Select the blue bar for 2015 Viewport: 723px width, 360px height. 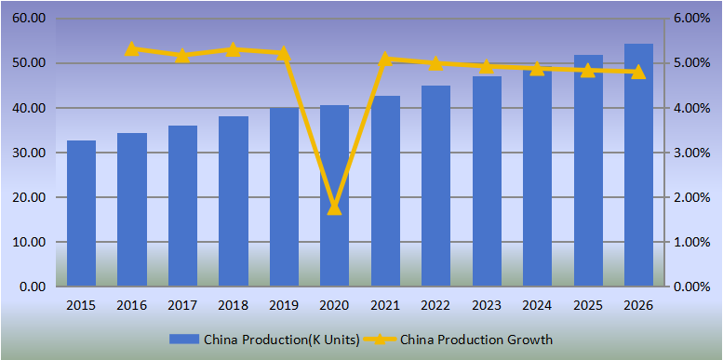(x=81, y=214)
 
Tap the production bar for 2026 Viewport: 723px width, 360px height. (x=637, y=166)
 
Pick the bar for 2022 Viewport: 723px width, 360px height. (x=435, y=186)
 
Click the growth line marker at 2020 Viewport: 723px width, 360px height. (x=335, y=207)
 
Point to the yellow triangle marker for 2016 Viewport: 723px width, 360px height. (x=132, y=48)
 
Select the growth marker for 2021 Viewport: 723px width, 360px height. (x=385, y=59)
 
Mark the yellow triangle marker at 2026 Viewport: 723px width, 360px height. (x=638, y=72)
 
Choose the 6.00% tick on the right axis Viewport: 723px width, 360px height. (x=692, y=19)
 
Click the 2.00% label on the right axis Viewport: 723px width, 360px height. (x=692, y=197)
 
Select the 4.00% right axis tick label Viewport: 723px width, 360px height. (x=692, y=108)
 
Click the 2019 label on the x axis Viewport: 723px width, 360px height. (x=284, y=305)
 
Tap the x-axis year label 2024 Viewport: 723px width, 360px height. (x=537, y=305)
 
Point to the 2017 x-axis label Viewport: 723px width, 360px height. (x=182, y=305)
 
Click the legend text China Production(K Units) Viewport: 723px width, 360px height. (x=281, y=340)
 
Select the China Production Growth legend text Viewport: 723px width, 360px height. (x=476, y=340)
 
